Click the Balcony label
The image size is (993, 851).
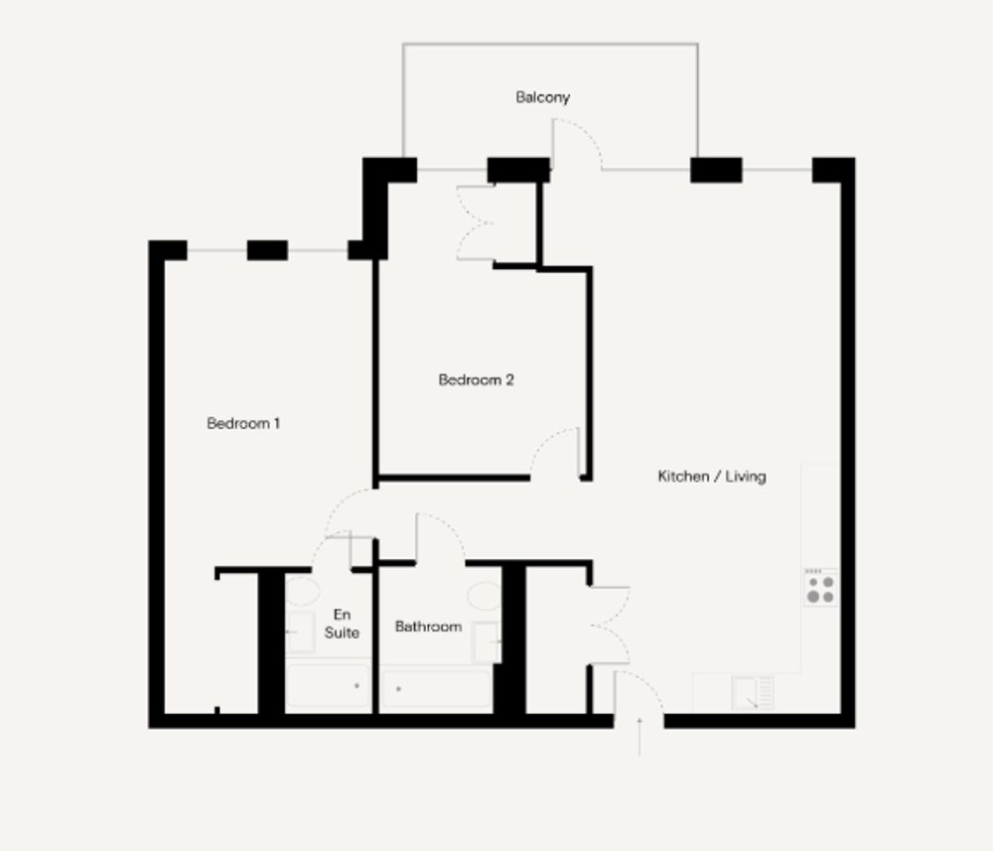(543, 97)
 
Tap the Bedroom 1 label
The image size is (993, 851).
(243, 423)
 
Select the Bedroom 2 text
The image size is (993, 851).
(477, 380)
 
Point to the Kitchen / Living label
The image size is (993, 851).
(712, 477)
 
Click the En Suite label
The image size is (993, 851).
(342, 624)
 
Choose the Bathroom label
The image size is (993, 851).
(428, 627)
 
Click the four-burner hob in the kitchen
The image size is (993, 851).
(821, 589)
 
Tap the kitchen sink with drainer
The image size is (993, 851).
(753, 693)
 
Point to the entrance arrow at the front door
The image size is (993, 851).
(639, 737)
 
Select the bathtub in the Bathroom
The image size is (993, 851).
(436, 688)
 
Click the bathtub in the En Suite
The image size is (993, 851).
(328, 685)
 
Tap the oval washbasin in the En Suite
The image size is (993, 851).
(303, 591)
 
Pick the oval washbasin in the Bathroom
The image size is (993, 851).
(485, 596)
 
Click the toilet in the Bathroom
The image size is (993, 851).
(488, 642)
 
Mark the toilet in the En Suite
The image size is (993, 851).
(300, 632)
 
